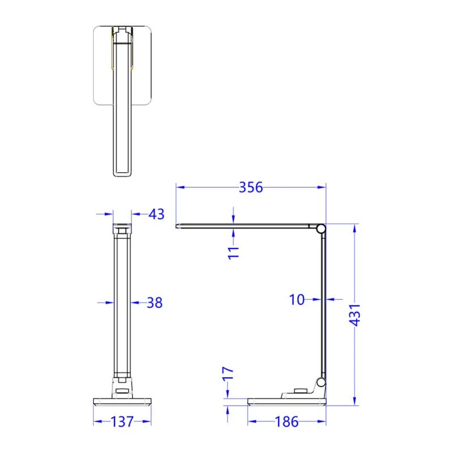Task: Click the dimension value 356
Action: [x=251, y=187]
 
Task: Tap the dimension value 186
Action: [x=286, y=422]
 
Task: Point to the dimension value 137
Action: [x=122, y=422]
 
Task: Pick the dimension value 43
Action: [x=156, y=214]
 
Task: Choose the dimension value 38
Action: [x=154, y=303]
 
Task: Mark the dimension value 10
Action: [x=297, y=300]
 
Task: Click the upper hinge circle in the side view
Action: [x=321, y=229]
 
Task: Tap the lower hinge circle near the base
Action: [x=321, y=382]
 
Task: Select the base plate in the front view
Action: [x=122, y=403]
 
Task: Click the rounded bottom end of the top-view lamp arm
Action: [x=122, y=173]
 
